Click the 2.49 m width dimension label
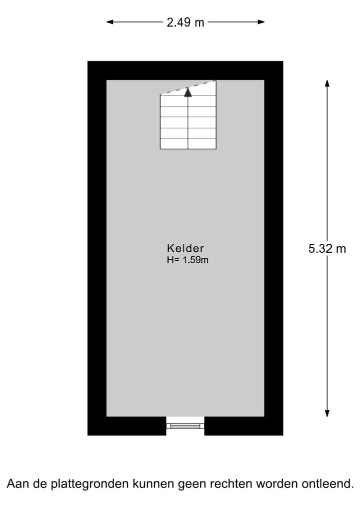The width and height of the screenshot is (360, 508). [x=185, y=22]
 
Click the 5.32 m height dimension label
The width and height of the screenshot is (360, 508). [x=327, y=249]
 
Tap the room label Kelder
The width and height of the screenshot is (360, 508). [x=185, y=248]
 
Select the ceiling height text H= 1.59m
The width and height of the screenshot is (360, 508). [x=187, y=260]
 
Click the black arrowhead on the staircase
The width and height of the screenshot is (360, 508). [x=188, y=91]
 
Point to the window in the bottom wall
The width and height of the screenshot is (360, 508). [x=185, y=426]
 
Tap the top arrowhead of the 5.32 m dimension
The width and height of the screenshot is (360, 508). [x=327, y=83]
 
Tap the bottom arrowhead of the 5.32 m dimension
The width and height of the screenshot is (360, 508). [x=327, y=413]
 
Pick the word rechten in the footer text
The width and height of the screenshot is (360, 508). [x=231, y=484]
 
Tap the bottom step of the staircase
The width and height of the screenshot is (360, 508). [x=188, y=144]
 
